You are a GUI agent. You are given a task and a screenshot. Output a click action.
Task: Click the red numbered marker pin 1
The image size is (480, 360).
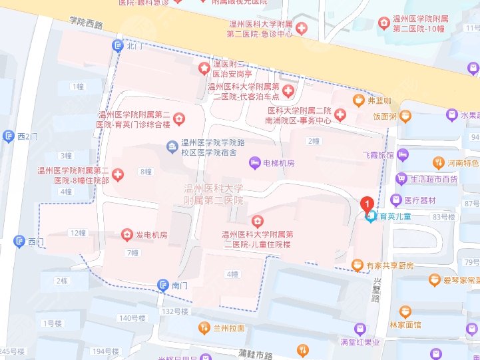click(x=366, y=204)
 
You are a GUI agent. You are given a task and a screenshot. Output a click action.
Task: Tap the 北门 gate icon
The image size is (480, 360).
click(x=118, y=46)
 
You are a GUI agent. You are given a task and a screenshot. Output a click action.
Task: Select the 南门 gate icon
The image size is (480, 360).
click(x=163, y=285)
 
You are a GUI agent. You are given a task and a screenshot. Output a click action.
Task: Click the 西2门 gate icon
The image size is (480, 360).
click(x=9, y=136)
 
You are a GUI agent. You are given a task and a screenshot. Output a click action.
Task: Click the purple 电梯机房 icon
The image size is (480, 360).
click(x=254, y=163)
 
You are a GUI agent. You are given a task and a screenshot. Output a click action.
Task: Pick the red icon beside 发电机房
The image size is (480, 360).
click(x=126, y=235)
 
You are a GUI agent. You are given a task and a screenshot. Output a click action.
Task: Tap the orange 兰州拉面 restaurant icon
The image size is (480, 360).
click(x=204, y=328)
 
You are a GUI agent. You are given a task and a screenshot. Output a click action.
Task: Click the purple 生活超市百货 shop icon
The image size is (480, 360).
click(x=401, y=179)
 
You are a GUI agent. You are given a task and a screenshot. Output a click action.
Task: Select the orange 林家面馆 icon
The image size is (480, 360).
click(x=404, y=311)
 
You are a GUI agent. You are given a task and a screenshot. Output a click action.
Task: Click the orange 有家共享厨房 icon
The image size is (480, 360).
click(x=358, y=266)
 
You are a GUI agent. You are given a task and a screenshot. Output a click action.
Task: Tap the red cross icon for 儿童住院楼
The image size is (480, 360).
click(x=256, y=221)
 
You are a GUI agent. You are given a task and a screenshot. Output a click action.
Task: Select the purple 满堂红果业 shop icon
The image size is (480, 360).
click(x=360, y=329)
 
